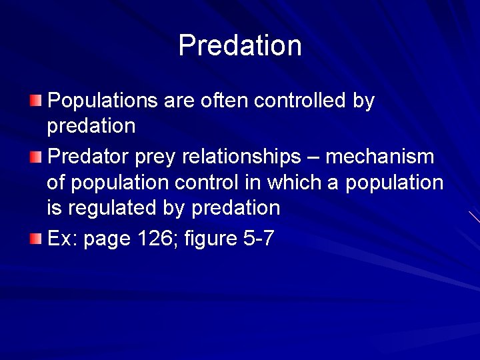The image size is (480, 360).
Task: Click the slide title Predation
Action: pyautogui.click(x=240, y=45)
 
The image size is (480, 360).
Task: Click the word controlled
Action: pyautogui.click(x=300, y=101)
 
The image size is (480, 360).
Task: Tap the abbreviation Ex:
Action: pyautogui.click(x=63, y=238)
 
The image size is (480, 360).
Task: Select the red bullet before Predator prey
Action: pyautogui.click(x=36, y=158)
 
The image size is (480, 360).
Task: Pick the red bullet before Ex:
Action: pyautogui.click(x=36, y=239)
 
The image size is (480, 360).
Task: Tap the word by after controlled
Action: pyautogui.click(x=363, y=102)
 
